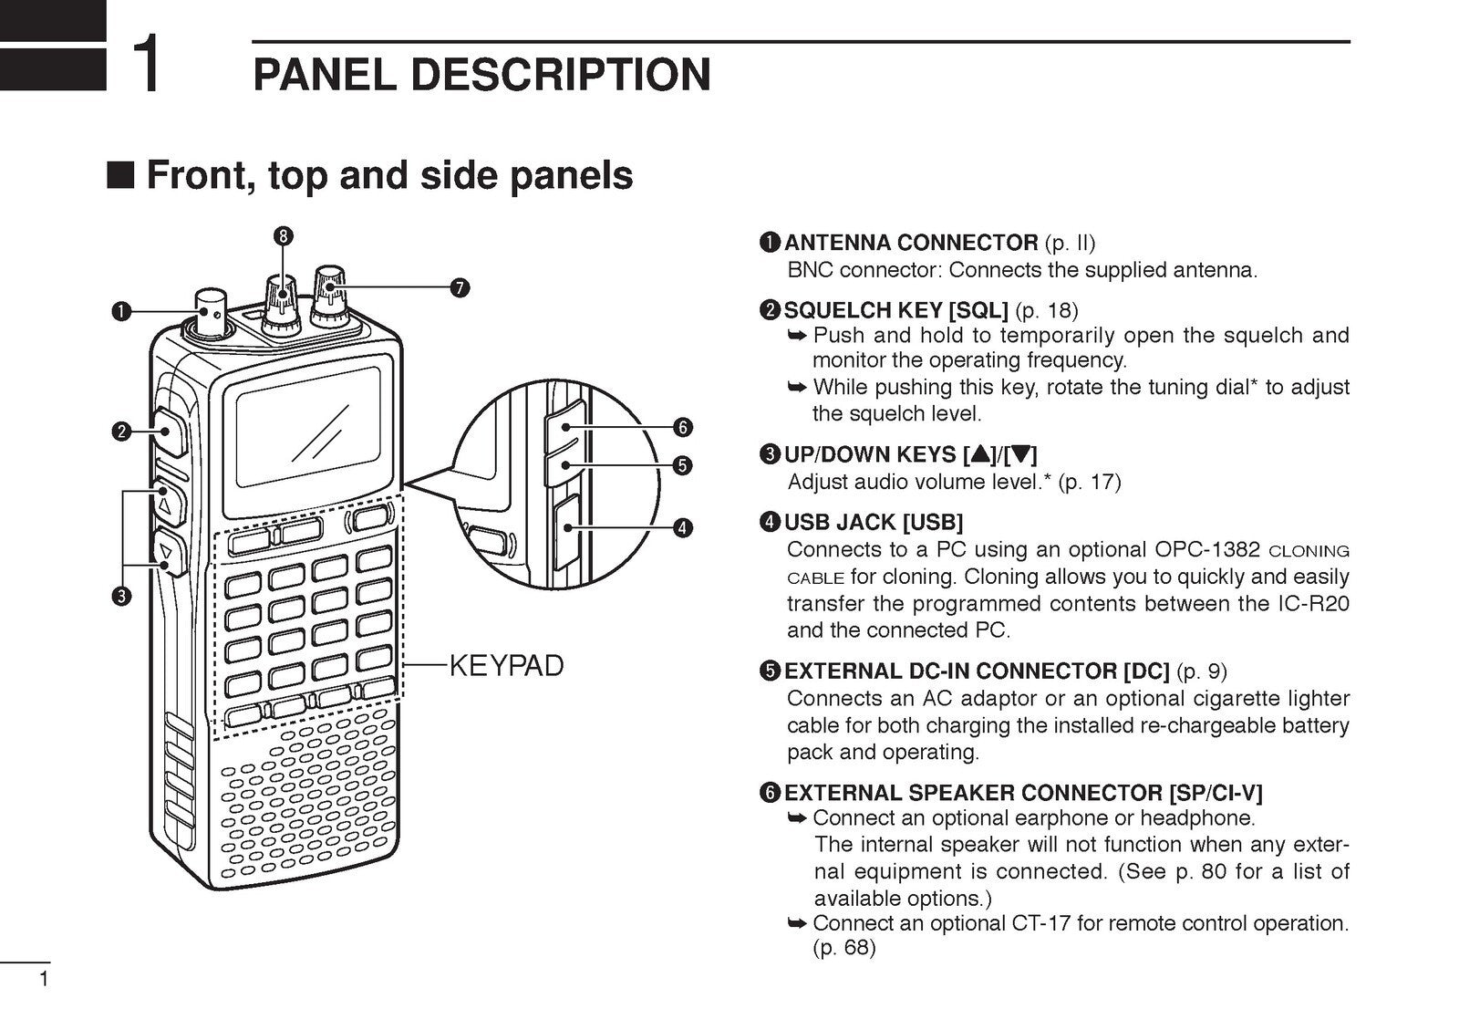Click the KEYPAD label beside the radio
click(x=507, y=666)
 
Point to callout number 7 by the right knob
click(x=459, y=288)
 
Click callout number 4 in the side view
click(x=681, y=527)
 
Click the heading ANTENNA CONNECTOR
click(x=910, y=243)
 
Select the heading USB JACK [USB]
click(x=873, y=522)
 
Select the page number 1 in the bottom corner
click(x=42, y=981)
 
